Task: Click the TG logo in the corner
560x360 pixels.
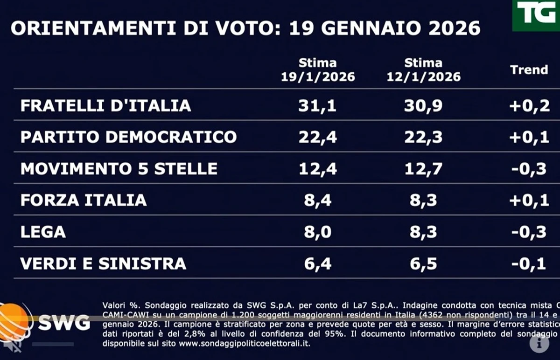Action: [x=537, y=14]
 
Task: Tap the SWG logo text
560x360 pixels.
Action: [x=64, y=322]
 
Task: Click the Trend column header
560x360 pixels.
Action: [x=529, y=70]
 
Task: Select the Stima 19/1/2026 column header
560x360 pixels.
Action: [x=318, y=70]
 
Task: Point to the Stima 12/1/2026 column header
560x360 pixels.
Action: [x=423, y=70]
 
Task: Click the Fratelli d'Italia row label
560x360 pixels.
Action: [x=106, y=105]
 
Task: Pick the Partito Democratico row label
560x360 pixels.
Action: [x=129, y=137]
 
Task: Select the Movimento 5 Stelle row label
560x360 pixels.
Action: [x=119, y=168]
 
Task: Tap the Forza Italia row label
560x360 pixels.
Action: [x=84, y=200]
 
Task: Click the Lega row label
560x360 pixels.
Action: [x=43, y=232]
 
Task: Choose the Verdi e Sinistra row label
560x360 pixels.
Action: [x=103, y=263]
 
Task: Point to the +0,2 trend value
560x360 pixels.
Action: [x=529, y=105]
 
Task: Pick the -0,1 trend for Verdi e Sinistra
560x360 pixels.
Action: [x=529, y=263]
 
